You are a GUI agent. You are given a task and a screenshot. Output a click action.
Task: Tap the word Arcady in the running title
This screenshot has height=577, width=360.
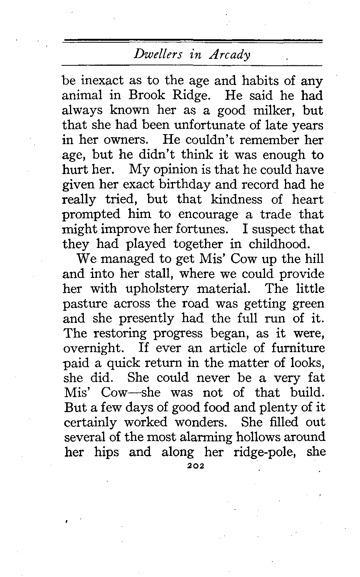pos(230,54)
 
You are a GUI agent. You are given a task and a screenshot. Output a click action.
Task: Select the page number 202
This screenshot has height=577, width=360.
pos(193,466)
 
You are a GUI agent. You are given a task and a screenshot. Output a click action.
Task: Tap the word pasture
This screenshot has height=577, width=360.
pos(85,304)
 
